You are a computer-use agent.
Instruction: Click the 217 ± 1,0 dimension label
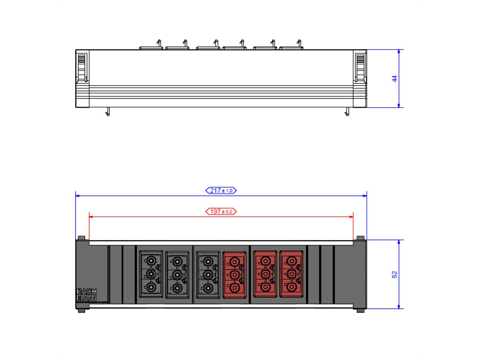tap(221, 191)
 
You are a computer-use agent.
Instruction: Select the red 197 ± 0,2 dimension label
tap(221, 212)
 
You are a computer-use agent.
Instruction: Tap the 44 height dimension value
tap(394, 79)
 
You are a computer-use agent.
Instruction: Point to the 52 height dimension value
tap(394, 274)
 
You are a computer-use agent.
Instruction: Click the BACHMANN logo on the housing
tap(86, 295)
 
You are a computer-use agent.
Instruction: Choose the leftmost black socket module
tap(151, 274)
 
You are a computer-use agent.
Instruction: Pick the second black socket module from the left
tap(177, 274)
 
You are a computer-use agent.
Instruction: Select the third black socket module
tap(208, 274)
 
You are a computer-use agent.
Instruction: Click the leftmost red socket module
tap(234, 275)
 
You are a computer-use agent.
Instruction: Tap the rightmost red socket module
tap(292, 274)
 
